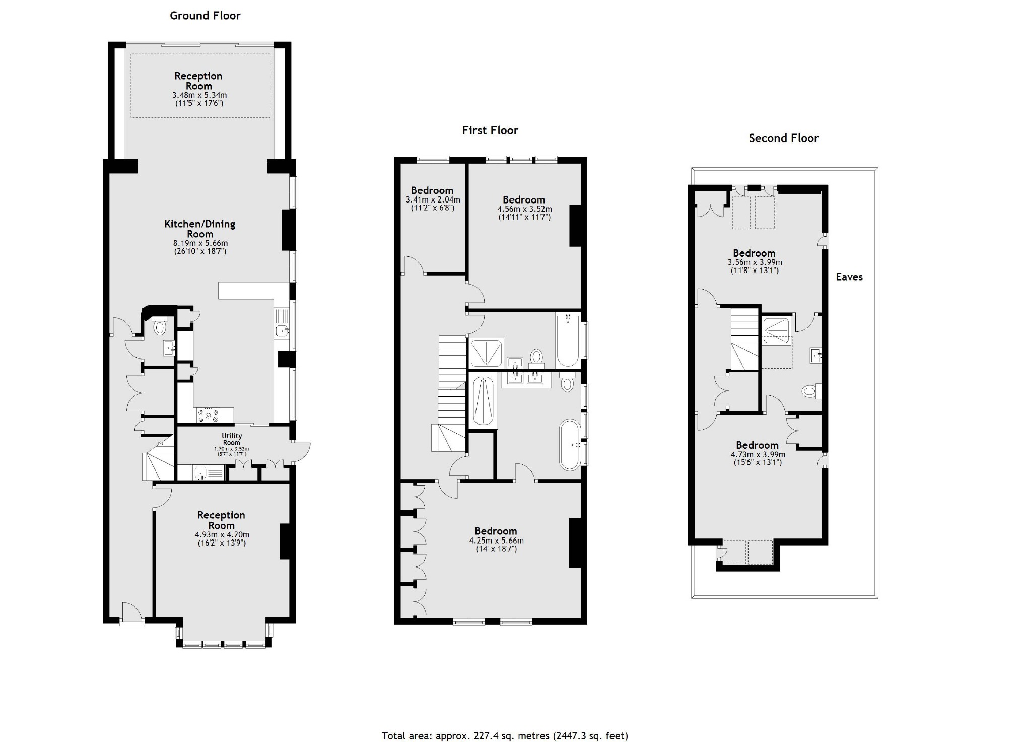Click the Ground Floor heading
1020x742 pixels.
pyautogui.click(x=205, y=16)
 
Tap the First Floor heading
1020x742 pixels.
pyautogui.click(x=490, y=130)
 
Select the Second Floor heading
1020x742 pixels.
pyautogui.click(x=783, y=138)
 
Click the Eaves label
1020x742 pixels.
pyautogui.click(x=849, y=277)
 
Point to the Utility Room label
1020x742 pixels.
pyautogui.click(x=232, y=439)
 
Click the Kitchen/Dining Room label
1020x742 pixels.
pyautogui.click(x=200, y=229)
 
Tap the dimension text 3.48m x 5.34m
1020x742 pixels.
pyautogui.click(x=199, y=95)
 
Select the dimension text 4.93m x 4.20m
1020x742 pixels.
pyautogui.click(x=222, y=535)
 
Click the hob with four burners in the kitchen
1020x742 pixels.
pyautogui.click(x=209, y=415)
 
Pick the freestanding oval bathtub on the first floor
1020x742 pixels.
pyautogui.click(x=570, y=444)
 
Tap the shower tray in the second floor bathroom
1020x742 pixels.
pyautogui.click(x=775, y=330)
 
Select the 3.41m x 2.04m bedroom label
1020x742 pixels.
pyautogui.click(x=432, y=191)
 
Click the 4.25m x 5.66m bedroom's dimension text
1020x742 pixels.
pyautogui.click(x=496, y=541)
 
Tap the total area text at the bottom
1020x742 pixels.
pyautogui.click(x=505, y=735)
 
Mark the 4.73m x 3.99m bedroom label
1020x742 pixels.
pyautogui.click(x=757, y=445)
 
